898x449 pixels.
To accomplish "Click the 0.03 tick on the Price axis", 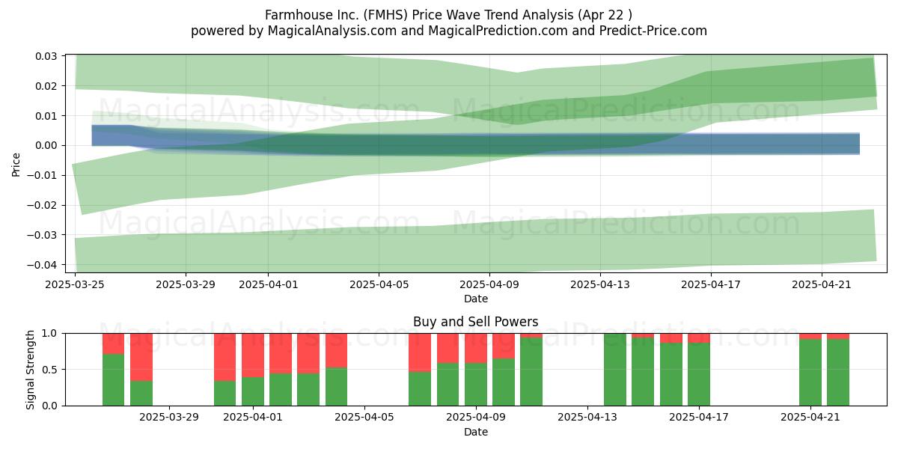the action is point(46,56).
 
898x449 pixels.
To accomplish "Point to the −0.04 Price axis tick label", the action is point(42,265).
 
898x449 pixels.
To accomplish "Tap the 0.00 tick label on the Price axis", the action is point(46,145).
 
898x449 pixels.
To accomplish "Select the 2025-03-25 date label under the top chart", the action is point(75,284).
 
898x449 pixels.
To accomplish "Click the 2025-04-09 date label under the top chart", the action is point(489,284).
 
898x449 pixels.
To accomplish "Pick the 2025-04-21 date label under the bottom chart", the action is point(810,417).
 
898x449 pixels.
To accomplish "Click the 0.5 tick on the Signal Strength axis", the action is point(49,369).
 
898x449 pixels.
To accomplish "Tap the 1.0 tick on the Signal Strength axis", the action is point(49,334).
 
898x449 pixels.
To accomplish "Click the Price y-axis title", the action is point(16,165).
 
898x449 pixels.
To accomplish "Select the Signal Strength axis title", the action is point(30,370).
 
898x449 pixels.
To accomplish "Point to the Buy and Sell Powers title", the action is point(475,322).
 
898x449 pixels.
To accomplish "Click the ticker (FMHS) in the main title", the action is point(385,15).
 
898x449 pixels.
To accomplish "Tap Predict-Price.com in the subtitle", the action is point(653,31).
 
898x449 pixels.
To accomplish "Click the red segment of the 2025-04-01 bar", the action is point(253,355).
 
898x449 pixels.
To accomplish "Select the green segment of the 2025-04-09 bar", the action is point(476,385).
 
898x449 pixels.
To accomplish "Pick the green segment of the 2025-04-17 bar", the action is point(699,374).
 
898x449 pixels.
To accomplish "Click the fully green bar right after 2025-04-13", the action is point(615,370).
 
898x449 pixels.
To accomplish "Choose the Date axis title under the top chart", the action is point(475,299).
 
